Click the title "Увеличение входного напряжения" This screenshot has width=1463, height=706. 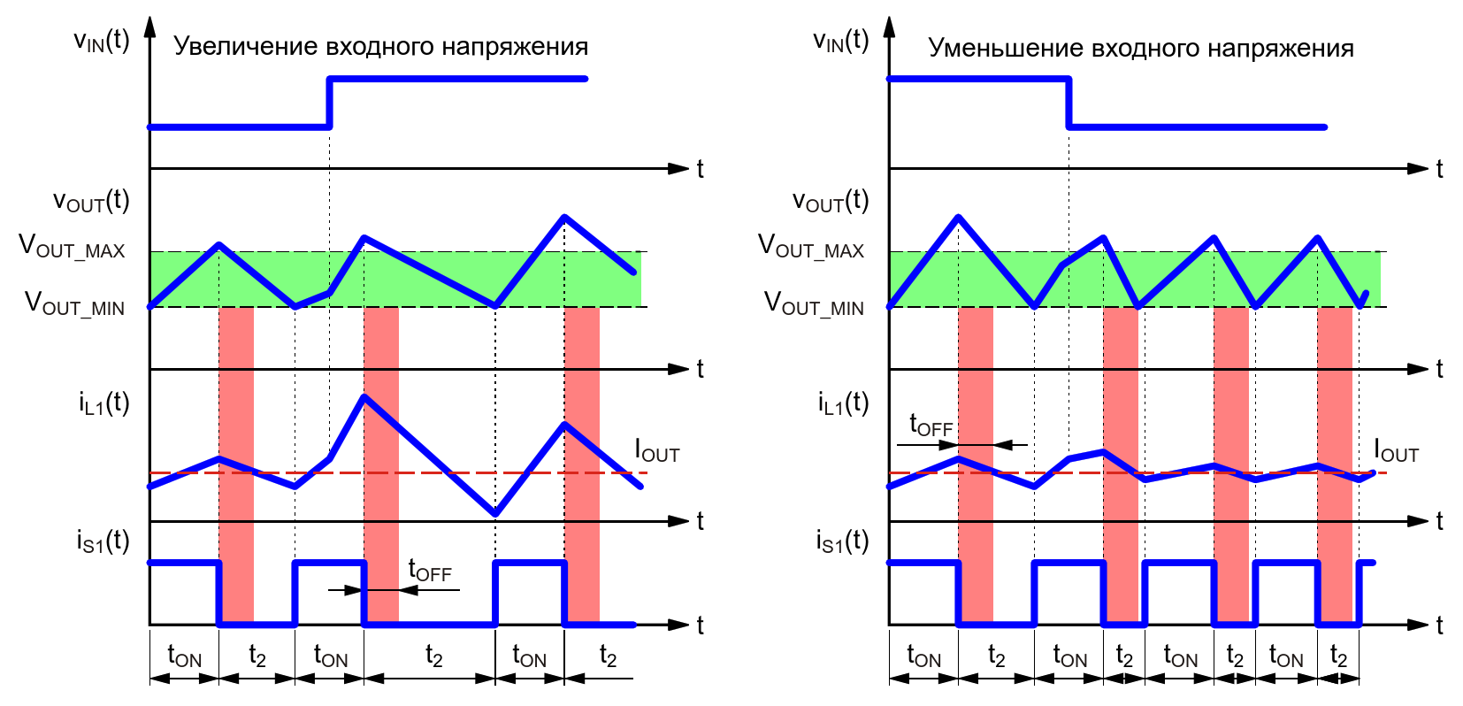[380, 46]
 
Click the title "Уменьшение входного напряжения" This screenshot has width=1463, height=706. [1140, 48]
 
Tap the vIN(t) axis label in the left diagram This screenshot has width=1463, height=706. [101, 41]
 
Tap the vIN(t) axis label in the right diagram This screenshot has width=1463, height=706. [840, 41]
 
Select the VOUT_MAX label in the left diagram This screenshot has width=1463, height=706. [73, 247]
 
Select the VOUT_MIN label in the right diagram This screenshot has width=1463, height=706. [814, 304]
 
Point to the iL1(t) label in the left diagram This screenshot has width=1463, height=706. [103, 403]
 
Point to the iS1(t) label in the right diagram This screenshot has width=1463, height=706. [842, 541]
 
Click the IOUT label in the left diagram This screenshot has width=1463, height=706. [657, 451]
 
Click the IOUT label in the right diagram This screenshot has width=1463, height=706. [1396, 451]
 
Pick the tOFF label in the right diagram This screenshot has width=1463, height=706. [931, 426]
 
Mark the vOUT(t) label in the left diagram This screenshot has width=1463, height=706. [91, 202]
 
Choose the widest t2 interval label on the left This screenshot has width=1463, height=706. [433, 656]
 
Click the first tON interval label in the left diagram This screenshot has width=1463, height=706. [184, 656]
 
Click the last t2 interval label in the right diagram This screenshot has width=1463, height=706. [1338, 656]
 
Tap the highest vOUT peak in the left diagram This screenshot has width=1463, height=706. [564, 217]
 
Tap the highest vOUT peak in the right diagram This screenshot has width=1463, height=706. [958, 217]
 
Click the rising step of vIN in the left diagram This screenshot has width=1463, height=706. [329, 103]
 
